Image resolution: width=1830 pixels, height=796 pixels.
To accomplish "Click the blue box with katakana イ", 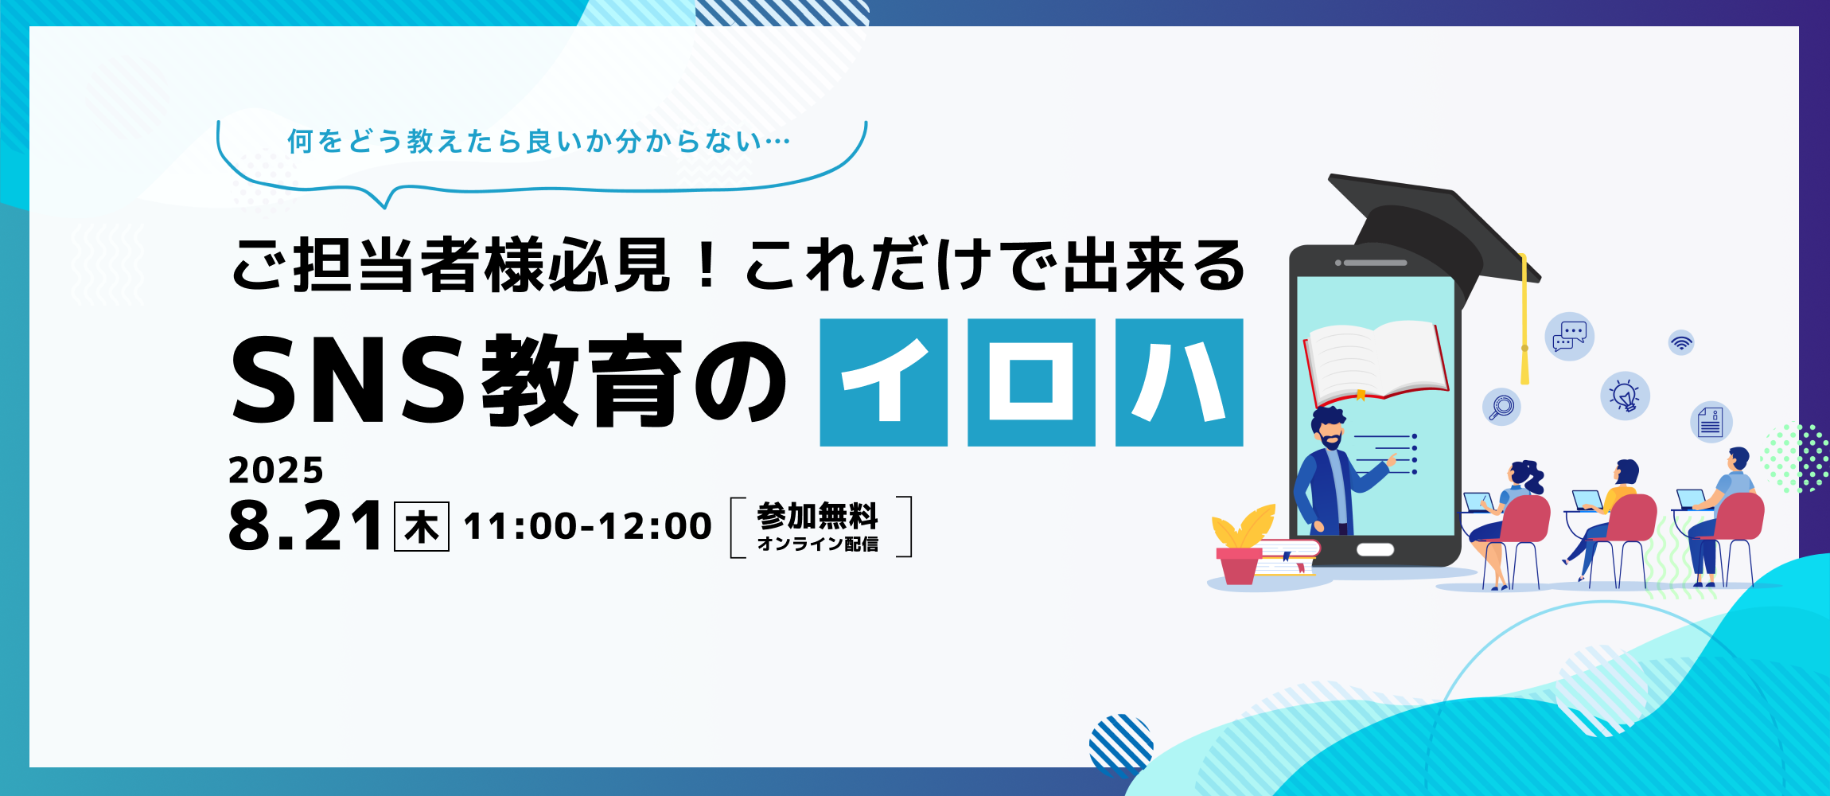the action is pos(883,382).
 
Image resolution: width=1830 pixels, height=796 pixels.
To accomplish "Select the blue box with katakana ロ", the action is pos(1031,382).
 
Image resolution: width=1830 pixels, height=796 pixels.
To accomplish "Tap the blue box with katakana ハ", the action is pos(1179,382).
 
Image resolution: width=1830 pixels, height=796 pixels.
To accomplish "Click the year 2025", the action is pos(276,470).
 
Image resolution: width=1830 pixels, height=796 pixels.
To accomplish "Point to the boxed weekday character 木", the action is pos(422,526).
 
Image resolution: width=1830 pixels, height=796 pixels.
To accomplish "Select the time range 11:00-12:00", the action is pos(588,526).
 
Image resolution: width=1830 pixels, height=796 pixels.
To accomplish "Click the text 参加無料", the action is pos(818,516).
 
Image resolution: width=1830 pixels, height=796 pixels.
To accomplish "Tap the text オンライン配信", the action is pos(818,544).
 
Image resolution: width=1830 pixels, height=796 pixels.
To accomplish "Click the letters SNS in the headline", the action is pos(348,380).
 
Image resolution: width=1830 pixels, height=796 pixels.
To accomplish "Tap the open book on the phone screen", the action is pos(1375,361).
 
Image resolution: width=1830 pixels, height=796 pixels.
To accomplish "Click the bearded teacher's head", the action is pos(1329,428).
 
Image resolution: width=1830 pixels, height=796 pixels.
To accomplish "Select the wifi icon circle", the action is pos(1681,343).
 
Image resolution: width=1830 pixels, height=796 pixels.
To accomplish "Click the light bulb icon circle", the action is pos(1625,396).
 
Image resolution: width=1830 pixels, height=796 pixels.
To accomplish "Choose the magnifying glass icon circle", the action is pos(1501,407).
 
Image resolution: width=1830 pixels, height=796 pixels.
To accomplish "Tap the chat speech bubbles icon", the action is pos(1569,336).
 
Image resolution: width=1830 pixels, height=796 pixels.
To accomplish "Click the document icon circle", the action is pos(1711,422).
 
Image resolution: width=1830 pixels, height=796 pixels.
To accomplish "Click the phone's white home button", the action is pos(1375,549).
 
